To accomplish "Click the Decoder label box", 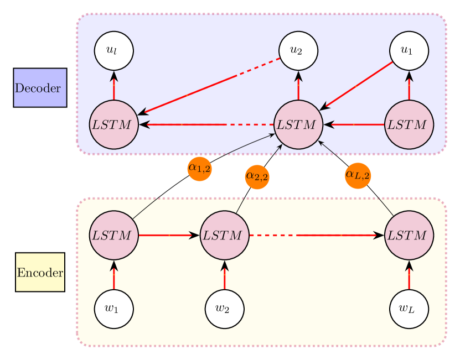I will pos(40,88).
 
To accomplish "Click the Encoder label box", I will pos(40,272).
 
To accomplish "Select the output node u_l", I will pos(113,51).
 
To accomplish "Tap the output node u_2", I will pos(298,51).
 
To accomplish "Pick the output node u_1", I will pos(409,51).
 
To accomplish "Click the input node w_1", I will pos(113,309).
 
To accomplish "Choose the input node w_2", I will pos(224,309).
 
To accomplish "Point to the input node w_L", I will pos(409,309).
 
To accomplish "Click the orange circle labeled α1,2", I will pos(200,168).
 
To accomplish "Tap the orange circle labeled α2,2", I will pos(257,176).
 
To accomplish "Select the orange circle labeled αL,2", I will pos(358,175).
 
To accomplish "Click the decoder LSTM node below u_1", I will pos(409,124).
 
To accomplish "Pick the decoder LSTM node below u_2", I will pos(298,124).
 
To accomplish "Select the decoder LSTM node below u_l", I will pos(113,124).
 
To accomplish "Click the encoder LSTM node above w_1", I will pos(113,235).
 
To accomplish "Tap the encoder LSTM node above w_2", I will pos(224,235).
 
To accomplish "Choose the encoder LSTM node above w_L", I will pos(409,235).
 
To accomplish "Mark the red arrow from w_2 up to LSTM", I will pos(224,274).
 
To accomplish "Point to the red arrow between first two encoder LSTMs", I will pos(169,235).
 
